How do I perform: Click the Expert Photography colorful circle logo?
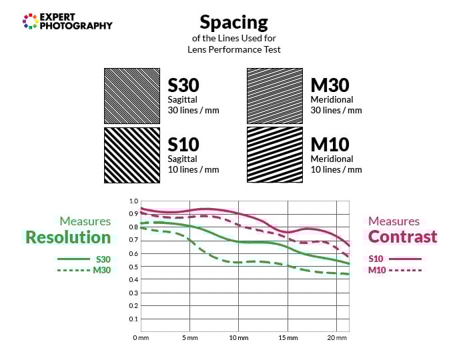(x=29, y=21)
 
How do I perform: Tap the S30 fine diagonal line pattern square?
(x=131, y=95)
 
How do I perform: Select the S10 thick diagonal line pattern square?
(x=131, y=155)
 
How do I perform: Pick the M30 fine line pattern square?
(x=275, y=95)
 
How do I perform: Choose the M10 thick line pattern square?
(x=275, y=155)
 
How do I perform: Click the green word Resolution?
(x=68, y=237)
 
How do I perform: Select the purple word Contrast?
(x=402, y=237)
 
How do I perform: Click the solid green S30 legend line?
(x=73, y=259)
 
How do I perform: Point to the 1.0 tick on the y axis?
(x=133, y=201)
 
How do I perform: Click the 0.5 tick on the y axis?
(x=133, y=267)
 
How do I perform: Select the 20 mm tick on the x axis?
(x=337, y=339)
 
